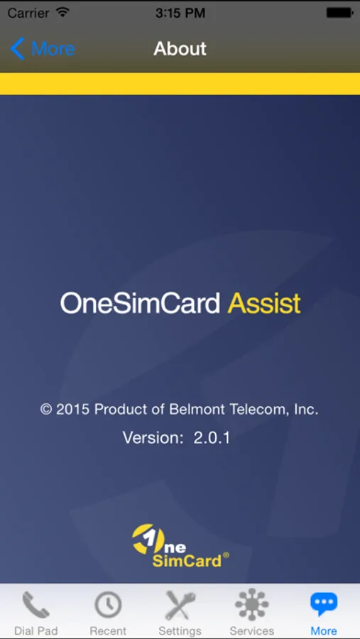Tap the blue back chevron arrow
click(17, 49)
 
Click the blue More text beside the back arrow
click(53, 49)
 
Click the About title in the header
click(180, 49)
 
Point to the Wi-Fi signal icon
click(62, 12)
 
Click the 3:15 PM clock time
click(180, 13)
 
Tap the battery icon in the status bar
click(339, 13)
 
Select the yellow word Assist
click(264, 304)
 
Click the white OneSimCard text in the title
click(141, 304)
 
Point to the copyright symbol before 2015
click(46, 409)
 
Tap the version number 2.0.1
click(212, 438)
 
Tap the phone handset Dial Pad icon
click(36, 605)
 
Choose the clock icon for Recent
click(108, 605)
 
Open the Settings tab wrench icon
click(180, 605)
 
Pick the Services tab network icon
click(252, 605)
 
